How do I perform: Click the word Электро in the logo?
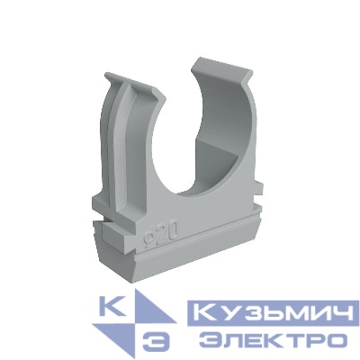point(273,340)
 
